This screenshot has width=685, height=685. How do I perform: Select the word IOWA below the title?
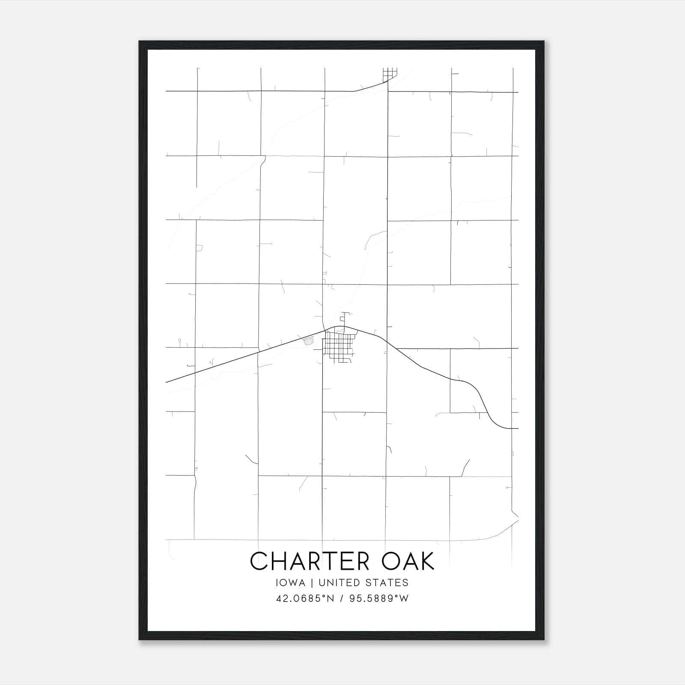click(x=291, y=583)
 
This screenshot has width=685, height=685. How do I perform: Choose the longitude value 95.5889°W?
click(x=379, y=599)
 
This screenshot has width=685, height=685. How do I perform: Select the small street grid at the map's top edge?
click(x=390, y=74)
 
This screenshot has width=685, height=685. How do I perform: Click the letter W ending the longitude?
click(x=404, y=599)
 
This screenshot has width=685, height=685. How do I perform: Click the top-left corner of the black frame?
click(x=140, y=42)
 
